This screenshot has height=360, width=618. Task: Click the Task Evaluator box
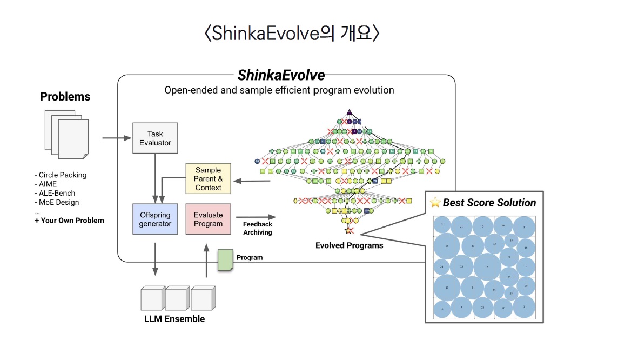coord(155,138)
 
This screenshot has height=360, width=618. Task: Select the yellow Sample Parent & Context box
coord(208,179)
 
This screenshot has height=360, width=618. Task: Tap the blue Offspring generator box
coord(155,219)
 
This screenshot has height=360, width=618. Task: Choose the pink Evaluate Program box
coord(208,219)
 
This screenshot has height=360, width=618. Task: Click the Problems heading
coord(65,97)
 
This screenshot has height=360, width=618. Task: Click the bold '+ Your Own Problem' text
coord(69,221)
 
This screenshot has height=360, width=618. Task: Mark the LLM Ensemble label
coord(174,319)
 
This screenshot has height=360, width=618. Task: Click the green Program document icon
coord(225,259)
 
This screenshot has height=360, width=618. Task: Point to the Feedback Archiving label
coord(257,228)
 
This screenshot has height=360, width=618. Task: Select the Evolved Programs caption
coord(349,246)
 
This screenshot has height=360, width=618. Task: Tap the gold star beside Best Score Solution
coord(435,203)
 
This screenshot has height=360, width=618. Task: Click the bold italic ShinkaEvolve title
coord(281,75)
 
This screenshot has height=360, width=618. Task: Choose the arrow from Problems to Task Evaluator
coord(117,138)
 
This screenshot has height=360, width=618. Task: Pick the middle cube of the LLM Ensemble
coord(177,298)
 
